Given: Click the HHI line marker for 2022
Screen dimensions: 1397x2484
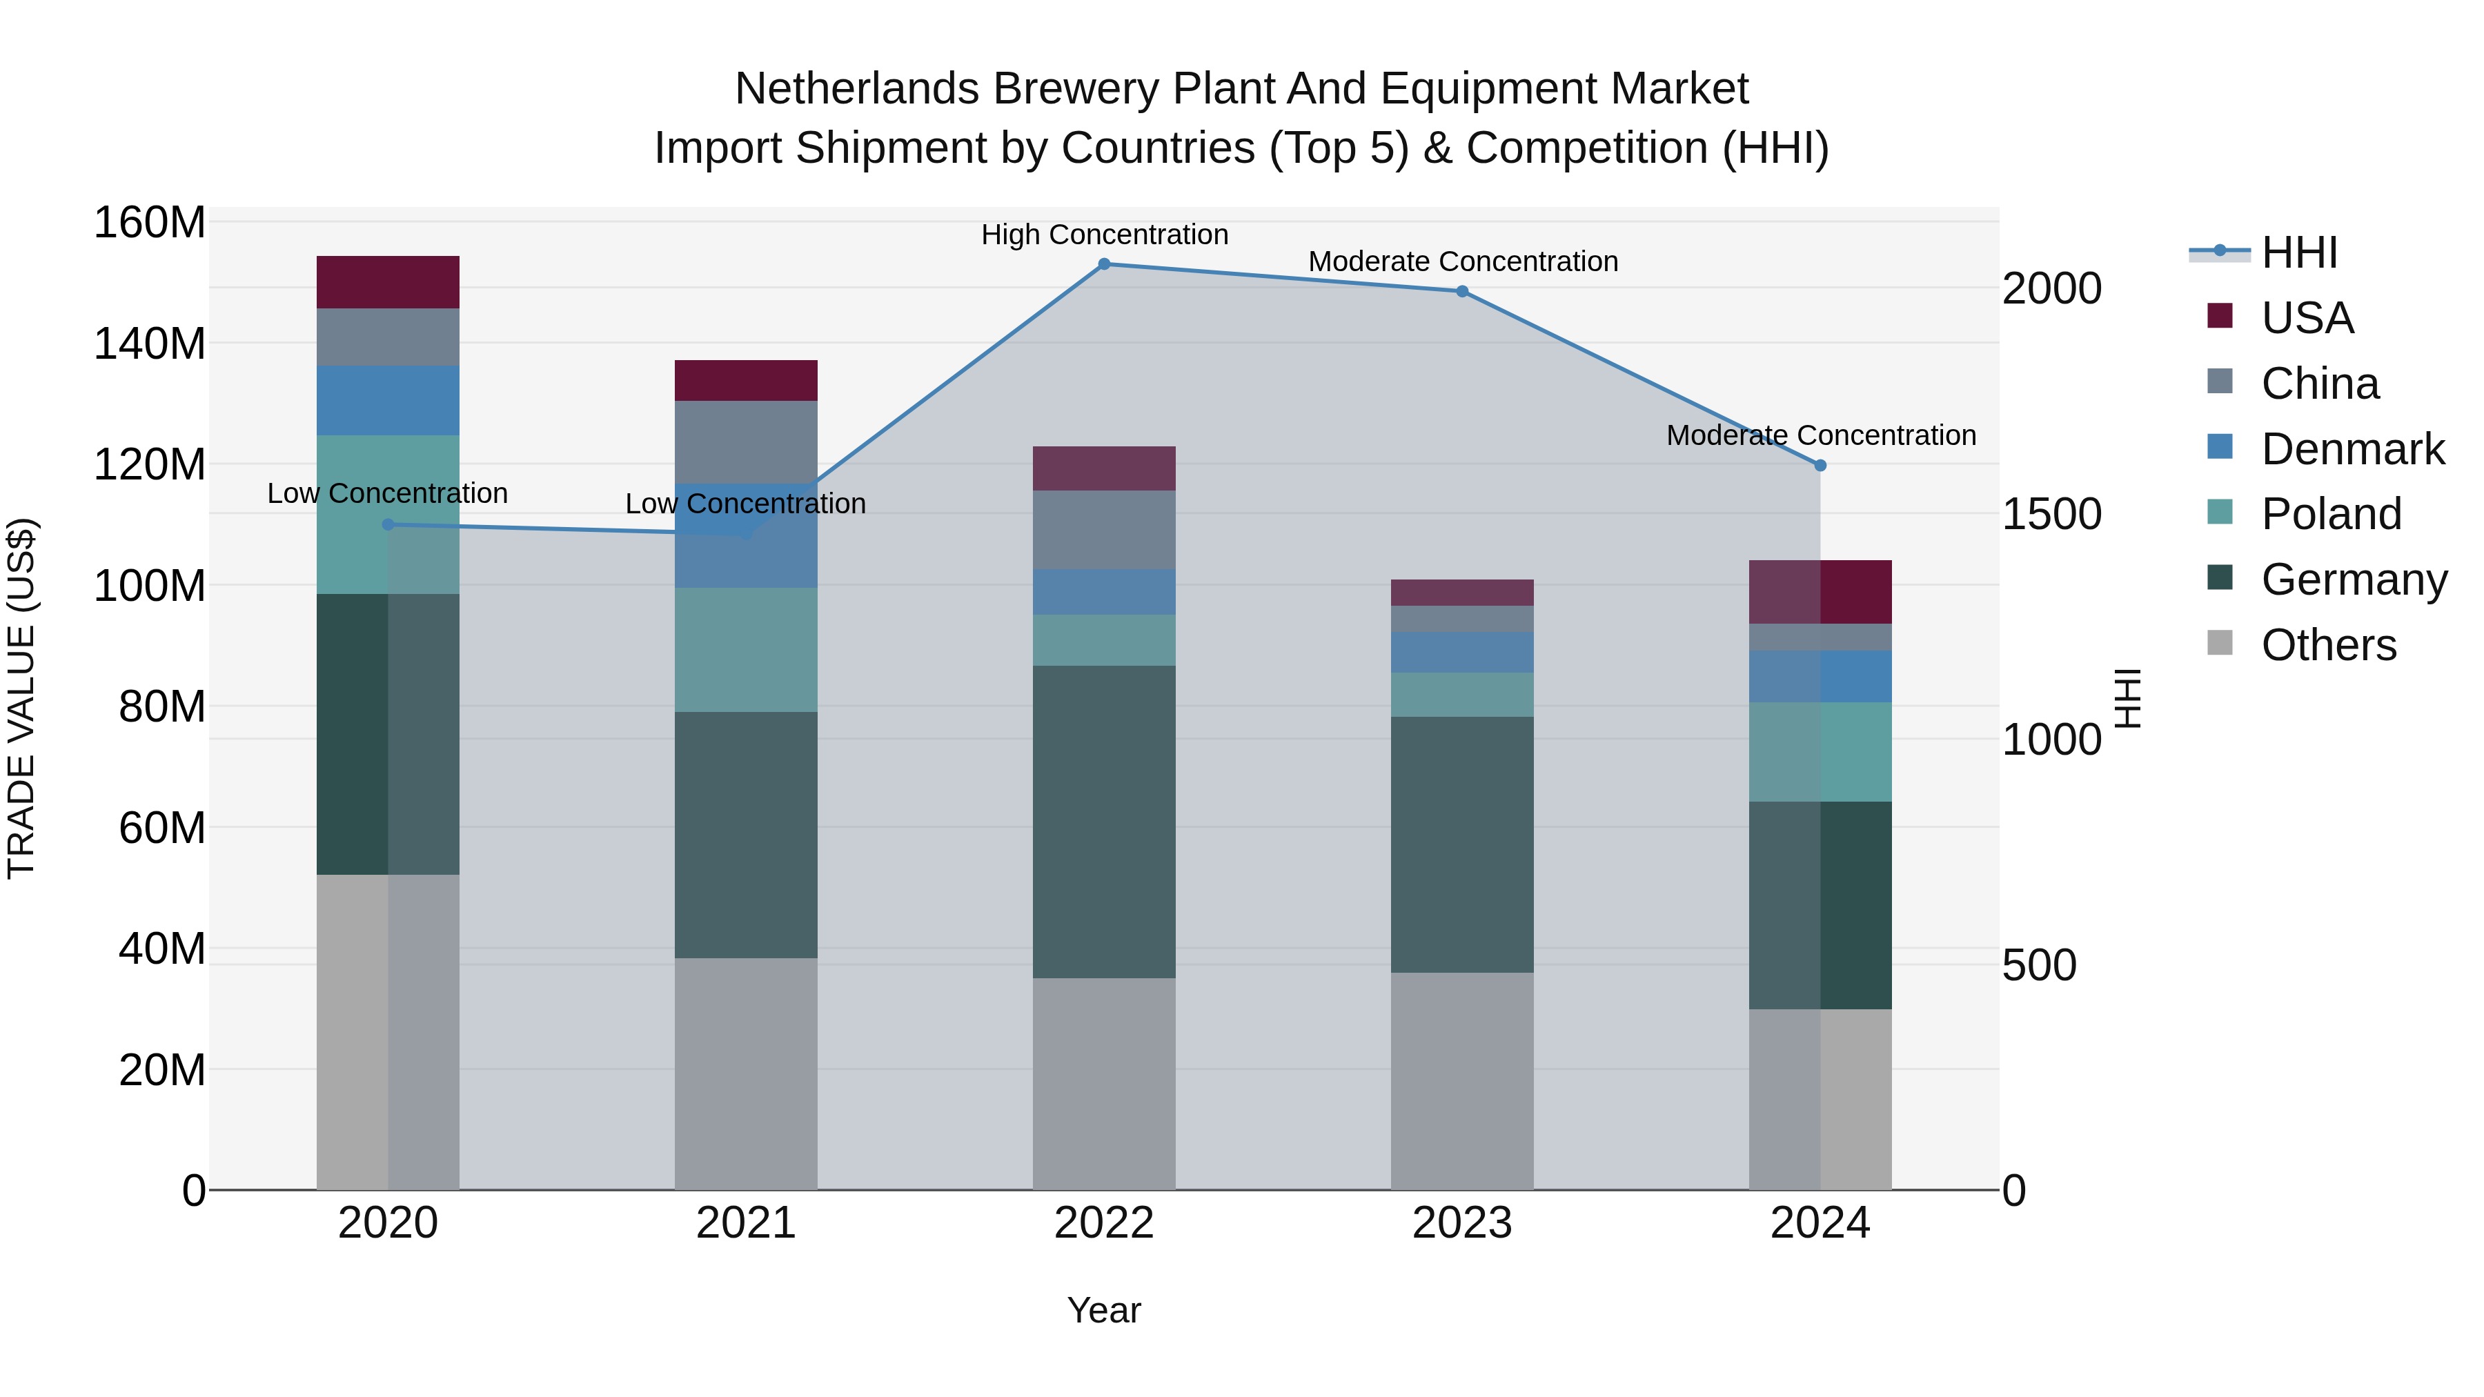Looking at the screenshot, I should coord(1104,264).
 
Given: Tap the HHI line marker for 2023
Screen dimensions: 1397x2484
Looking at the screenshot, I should coord(1462,291).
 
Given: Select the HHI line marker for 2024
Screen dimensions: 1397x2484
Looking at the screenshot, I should coord(1820,466).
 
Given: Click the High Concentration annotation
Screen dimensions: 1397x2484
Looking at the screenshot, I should coord(1104,235).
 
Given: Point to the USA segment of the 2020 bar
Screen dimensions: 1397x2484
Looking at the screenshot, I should coord(388,282).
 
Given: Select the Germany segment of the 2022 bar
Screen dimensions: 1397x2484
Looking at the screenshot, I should coord(1104,822).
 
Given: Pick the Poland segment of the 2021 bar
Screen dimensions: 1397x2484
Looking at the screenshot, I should coord(745,650).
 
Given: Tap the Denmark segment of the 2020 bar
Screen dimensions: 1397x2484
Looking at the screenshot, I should coord(388,400).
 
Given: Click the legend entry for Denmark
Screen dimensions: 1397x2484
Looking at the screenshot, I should coord(2352,449).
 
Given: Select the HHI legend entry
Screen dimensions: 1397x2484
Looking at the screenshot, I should coord(2299,252).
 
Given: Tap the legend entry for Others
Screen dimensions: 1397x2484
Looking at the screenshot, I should coord(2328,645).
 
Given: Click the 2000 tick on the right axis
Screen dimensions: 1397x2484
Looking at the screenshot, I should coord(2052,288).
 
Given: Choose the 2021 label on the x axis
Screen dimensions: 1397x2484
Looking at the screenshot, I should coord(745,1223).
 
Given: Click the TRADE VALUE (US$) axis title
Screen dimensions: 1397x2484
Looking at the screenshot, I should coord(21,698).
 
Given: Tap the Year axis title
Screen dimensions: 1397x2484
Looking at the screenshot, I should coord(1104,1310).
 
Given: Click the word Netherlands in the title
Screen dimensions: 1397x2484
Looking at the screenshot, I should coord(856,89).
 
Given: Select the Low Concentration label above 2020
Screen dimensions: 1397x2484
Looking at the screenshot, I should coord(388,494).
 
